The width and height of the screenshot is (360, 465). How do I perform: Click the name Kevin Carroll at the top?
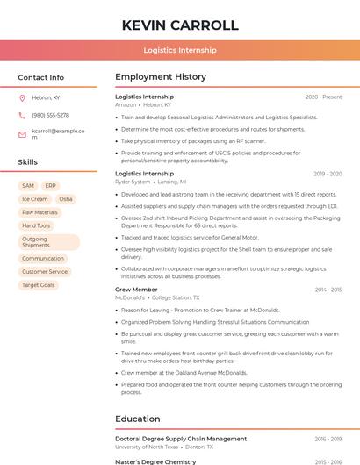click(180, 25)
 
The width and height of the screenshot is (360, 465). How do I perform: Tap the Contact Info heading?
click(41, 77)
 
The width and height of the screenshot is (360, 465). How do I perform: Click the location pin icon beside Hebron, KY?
click(22, 98)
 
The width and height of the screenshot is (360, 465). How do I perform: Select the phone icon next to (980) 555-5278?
click(22, 115)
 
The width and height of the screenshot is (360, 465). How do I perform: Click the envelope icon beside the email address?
click(22, 134)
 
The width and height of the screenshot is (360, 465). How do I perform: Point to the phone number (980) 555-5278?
click(50, 115)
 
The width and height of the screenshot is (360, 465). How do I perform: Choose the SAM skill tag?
click(28, 186)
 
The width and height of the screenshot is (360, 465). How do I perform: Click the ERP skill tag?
click(50, 186)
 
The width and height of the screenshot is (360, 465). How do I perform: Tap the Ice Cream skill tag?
click(34, 199)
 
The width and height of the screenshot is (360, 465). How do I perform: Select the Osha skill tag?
click(66, 199)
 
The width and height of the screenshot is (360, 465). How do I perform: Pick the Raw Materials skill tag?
click(40, 212)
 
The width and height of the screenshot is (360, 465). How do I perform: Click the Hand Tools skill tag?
click(36, 225)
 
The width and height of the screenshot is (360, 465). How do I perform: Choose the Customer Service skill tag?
click(45, 272)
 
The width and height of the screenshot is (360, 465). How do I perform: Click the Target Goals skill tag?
click(38, 285)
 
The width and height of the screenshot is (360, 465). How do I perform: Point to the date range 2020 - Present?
click(323, 97)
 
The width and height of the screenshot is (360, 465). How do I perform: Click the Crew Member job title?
click(136, 290)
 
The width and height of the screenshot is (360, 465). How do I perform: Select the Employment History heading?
click(161, 77)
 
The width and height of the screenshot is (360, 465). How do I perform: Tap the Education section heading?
click(138, 418)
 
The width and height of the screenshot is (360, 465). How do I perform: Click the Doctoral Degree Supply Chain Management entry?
click(181, 439)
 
